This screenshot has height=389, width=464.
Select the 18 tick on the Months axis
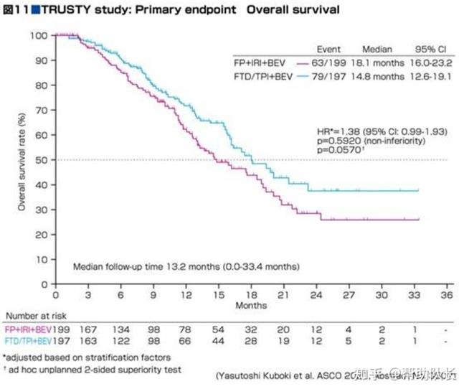[x=251, y=295]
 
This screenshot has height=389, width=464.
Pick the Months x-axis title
[x=251, y=305]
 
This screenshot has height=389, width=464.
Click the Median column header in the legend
[x=377, y=50]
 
